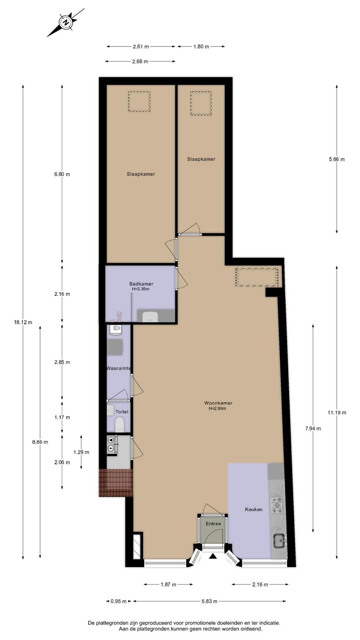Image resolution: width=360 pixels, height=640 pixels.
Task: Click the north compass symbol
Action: [66, 22]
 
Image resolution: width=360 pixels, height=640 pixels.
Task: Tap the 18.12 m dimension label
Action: [23, 322]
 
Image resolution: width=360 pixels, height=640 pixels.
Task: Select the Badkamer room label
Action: [141, 284]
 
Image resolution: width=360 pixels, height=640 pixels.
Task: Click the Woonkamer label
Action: [218, 403]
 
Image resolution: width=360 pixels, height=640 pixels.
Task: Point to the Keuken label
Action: [254, 509]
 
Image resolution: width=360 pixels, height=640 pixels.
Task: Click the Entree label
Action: [213, 524]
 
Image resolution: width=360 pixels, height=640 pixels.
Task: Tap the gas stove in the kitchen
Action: [277, 505]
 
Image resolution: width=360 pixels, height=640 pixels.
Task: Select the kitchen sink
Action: [279, 540]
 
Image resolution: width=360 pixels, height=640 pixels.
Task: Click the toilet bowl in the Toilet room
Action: [119, 425]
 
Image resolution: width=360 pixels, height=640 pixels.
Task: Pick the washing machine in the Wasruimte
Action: [116, 329]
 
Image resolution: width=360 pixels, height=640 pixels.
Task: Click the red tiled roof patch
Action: [116, 483]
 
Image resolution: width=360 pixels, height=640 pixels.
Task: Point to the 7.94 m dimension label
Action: [313, 428]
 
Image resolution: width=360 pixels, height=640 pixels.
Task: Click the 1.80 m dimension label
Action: [201, 47]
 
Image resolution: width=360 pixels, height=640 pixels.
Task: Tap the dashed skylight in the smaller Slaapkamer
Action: [201, 103]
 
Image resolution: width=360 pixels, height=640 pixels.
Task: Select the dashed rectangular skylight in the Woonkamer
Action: [257, 277]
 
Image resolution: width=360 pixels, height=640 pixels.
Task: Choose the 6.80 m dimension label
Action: [62, 174]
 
